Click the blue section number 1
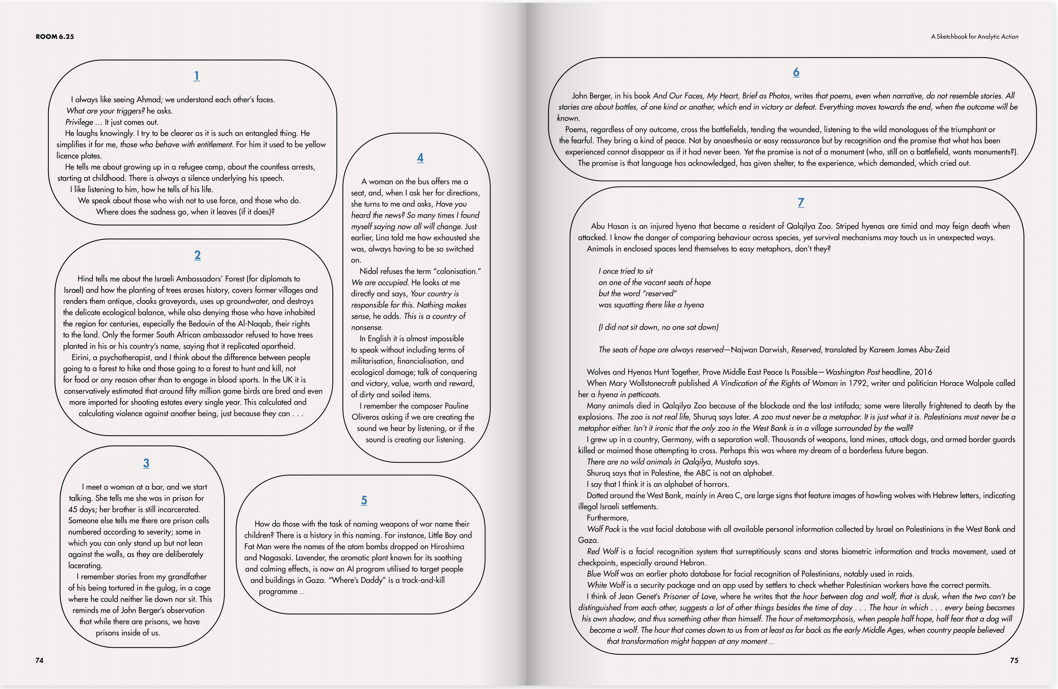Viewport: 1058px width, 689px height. coord(197,76)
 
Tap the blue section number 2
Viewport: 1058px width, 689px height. coord(197,255)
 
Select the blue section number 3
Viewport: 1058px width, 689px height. coord(146,463)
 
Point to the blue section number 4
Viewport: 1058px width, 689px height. coord(420,158)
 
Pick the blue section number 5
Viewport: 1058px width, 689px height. coord(364,500)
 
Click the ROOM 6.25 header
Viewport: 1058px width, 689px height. coord(55,36)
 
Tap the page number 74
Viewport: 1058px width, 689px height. coord(40,661)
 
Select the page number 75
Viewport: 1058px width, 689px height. coord(1014,661)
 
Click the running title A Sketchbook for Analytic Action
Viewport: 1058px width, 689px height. coord(974,36)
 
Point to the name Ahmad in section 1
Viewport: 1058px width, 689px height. coord(149,100)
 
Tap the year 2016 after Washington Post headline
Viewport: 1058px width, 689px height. coord(923,372)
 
